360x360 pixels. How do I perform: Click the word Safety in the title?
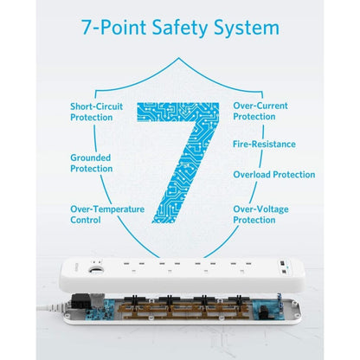click(x=180, y=28)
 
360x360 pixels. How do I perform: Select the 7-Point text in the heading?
click(x=114, y=28)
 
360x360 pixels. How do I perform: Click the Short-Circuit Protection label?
click(x=96, y=112)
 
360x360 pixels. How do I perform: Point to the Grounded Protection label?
click(x=92, y=163)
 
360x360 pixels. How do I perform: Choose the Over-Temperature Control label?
click(x=107, y=215)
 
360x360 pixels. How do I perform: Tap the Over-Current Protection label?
click(x=260, y=111)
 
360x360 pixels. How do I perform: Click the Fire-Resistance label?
click(x=264, y=144)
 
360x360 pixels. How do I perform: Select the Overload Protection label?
click(x=274, y=175)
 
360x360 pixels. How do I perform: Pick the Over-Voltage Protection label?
click(x=260, y=215)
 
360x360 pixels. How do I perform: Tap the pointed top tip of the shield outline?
click(x=179, y=58)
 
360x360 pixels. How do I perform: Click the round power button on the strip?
click(x=95, y=270)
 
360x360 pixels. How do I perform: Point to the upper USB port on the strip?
click(x=282, y=263)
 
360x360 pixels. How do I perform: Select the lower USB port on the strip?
click(x=284, y=272)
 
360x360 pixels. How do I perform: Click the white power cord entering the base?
click(x=52, y=307)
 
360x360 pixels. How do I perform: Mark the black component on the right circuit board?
click(x=264, y=313)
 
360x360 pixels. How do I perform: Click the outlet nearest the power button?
click(x=133, y=267)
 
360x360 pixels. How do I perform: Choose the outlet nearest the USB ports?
click(x=241, y=267)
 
